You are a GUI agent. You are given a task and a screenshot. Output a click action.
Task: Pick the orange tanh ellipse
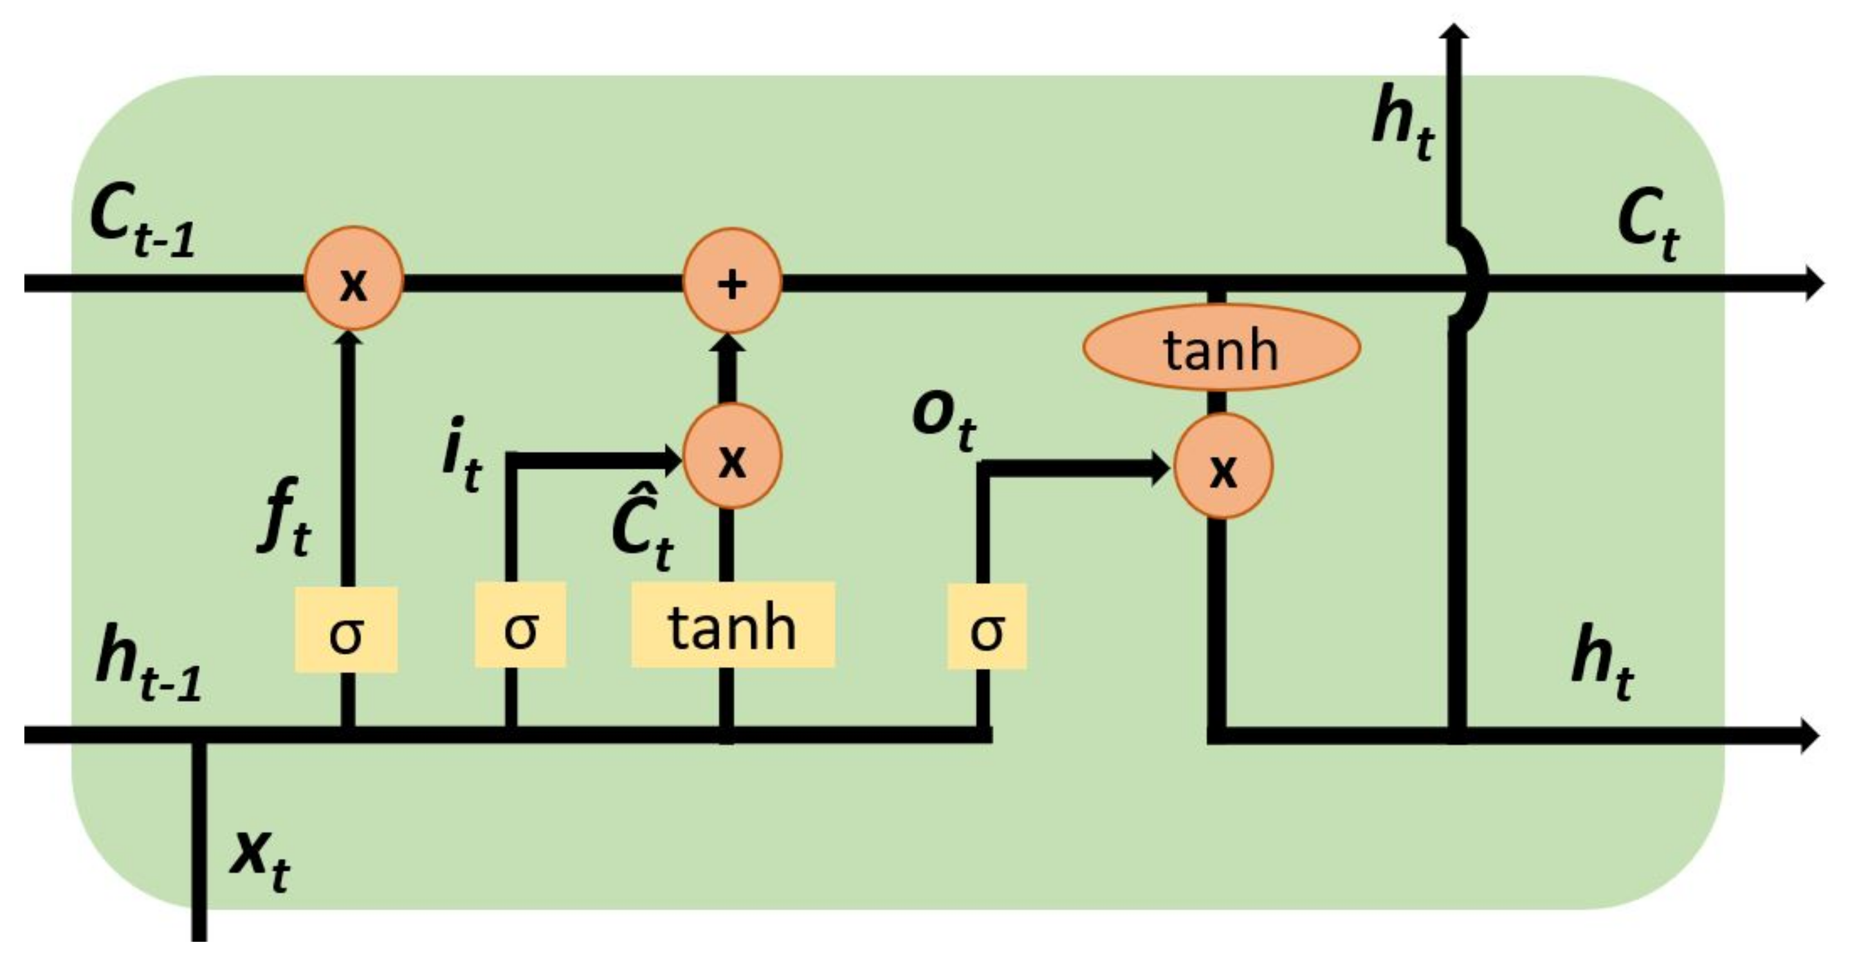coord(1221,347)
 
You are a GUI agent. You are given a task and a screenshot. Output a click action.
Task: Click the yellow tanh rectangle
coord(733,625)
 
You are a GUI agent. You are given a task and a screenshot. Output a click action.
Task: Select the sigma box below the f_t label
coord(346,630)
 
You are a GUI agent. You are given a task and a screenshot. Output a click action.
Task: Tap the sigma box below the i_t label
coord(520,625)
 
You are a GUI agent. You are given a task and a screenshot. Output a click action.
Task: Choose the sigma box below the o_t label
coord(986,627)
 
